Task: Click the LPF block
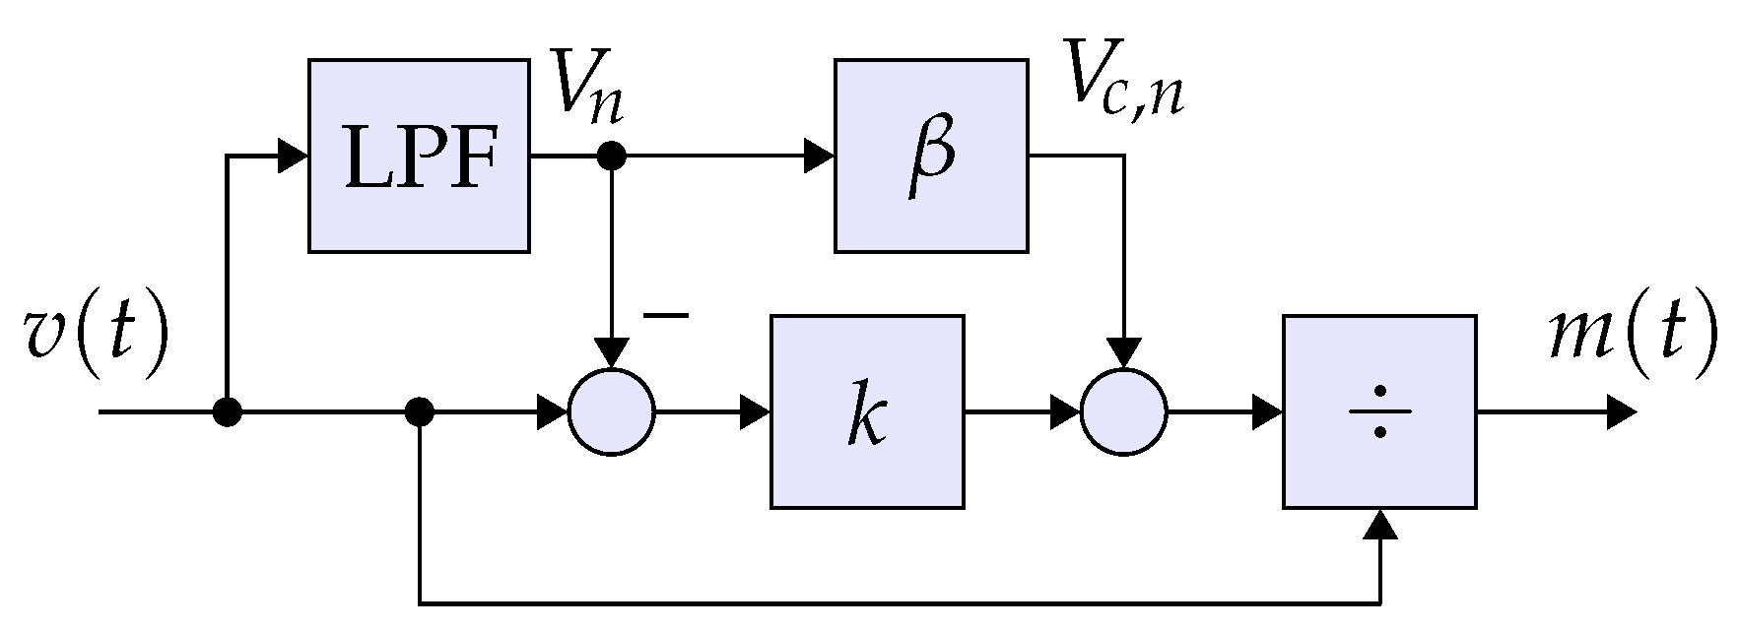419,156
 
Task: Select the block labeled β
931,156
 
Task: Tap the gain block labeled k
866,411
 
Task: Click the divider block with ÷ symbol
1378,411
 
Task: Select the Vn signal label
587,86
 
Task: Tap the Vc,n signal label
1123,84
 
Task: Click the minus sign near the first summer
665,316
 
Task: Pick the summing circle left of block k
611,411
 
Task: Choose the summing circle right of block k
1123,411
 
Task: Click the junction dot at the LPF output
612,156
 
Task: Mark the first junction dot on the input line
228,411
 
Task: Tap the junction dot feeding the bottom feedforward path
420,411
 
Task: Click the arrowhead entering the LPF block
293,156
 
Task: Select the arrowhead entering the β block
819,156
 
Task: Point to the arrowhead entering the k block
755,411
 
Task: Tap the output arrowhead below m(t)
1621,411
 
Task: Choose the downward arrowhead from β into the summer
1123,351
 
